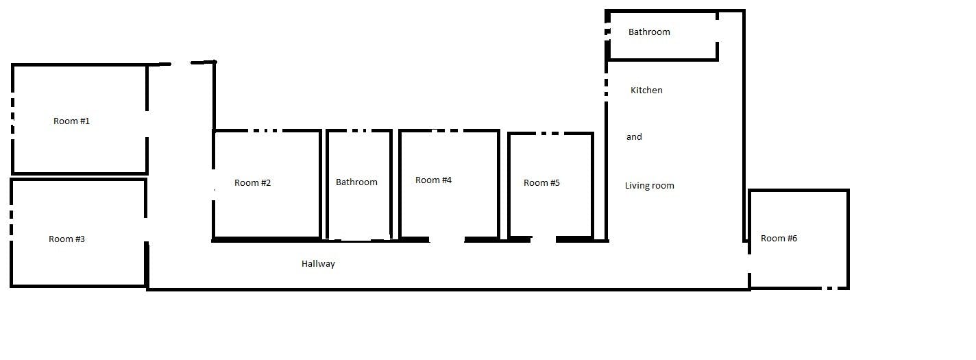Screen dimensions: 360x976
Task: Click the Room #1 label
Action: click(72, 121)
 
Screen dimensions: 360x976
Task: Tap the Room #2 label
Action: click(253, 183)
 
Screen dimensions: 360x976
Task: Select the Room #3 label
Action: click(67, 239)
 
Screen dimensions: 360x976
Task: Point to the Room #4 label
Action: click(434, 180)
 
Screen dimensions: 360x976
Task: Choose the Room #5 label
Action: click(541, 183)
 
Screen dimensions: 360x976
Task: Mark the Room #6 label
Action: click(779, 239)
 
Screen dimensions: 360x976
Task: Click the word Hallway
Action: click(318, 264)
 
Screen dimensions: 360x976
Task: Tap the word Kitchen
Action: click(646, 91)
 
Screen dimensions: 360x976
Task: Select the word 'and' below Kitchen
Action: click(634, 137)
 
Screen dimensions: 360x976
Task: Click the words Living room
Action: click(650, 186)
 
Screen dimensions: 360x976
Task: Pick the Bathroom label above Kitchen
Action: click(649, 32)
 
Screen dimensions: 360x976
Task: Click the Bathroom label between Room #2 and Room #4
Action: click(356, 182)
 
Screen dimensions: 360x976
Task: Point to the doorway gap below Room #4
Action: click(446, 239)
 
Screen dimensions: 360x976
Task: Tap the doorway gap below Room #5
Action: click(543, 239)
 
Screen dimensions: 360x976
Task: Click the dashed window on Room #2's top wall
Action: click(263, 130)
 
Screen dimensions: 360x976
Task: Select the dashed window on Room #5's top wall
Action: click(548, 133)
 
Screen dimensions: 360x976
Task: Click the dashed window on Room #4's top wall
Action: click(447, 130)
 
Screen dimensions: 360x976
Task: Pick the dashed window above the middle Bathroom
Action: click(358, 130)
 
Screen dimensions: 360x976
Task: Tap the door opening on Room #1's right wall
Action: click(147, 122)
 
